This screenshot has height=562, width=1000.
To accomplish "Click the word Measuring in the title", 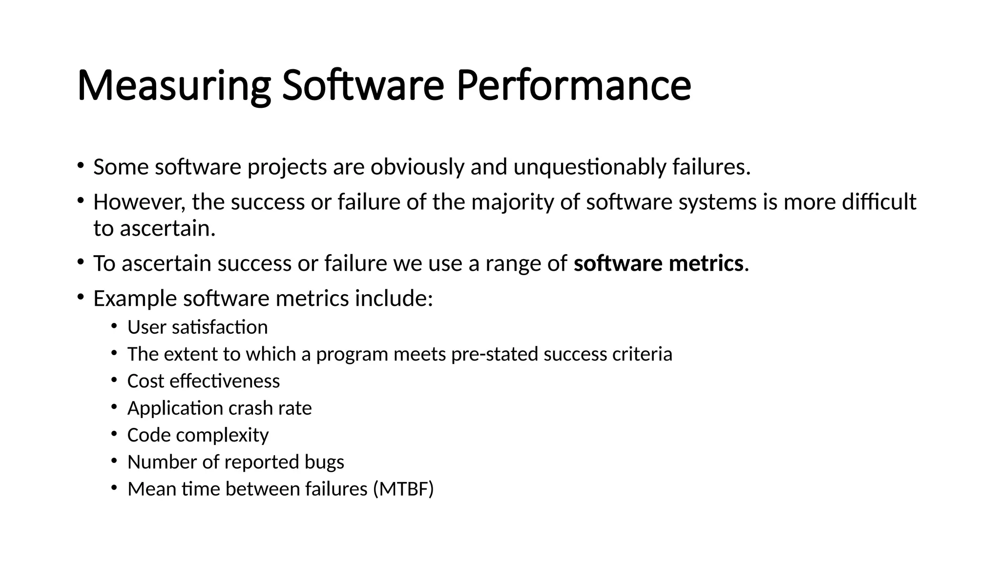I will click(x=174, y=86).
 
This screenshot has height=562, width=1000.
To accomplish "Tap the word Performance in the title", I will click(x=574, y=86).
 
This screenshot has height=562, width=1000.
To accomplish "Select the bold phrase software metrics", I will click(x=658, y=263).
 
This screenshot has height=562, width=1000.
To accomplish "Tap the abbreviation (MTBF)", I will click(x=403, y=489).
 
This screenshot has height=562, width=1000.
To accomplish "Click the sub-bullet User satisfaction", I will click(x=197, y=327).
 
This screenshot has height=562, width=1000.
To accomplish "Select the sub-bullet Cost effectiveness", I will click(x=203, y=381).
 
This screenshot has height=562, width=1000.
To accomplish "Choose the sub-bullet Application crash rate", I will click(x=219, y=408).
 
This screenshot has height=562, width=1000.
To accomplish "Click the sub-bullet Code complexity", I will click(x=198, y=435).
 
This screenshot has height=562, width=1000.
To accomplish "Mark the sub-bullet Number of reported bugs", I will click(x=235, y=462).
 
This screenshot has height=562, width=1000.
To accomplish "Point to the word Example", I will click(x=135, y=299).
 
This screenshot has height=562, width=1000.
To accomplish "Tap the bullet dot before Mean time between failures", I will click(x=114, y=487).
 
